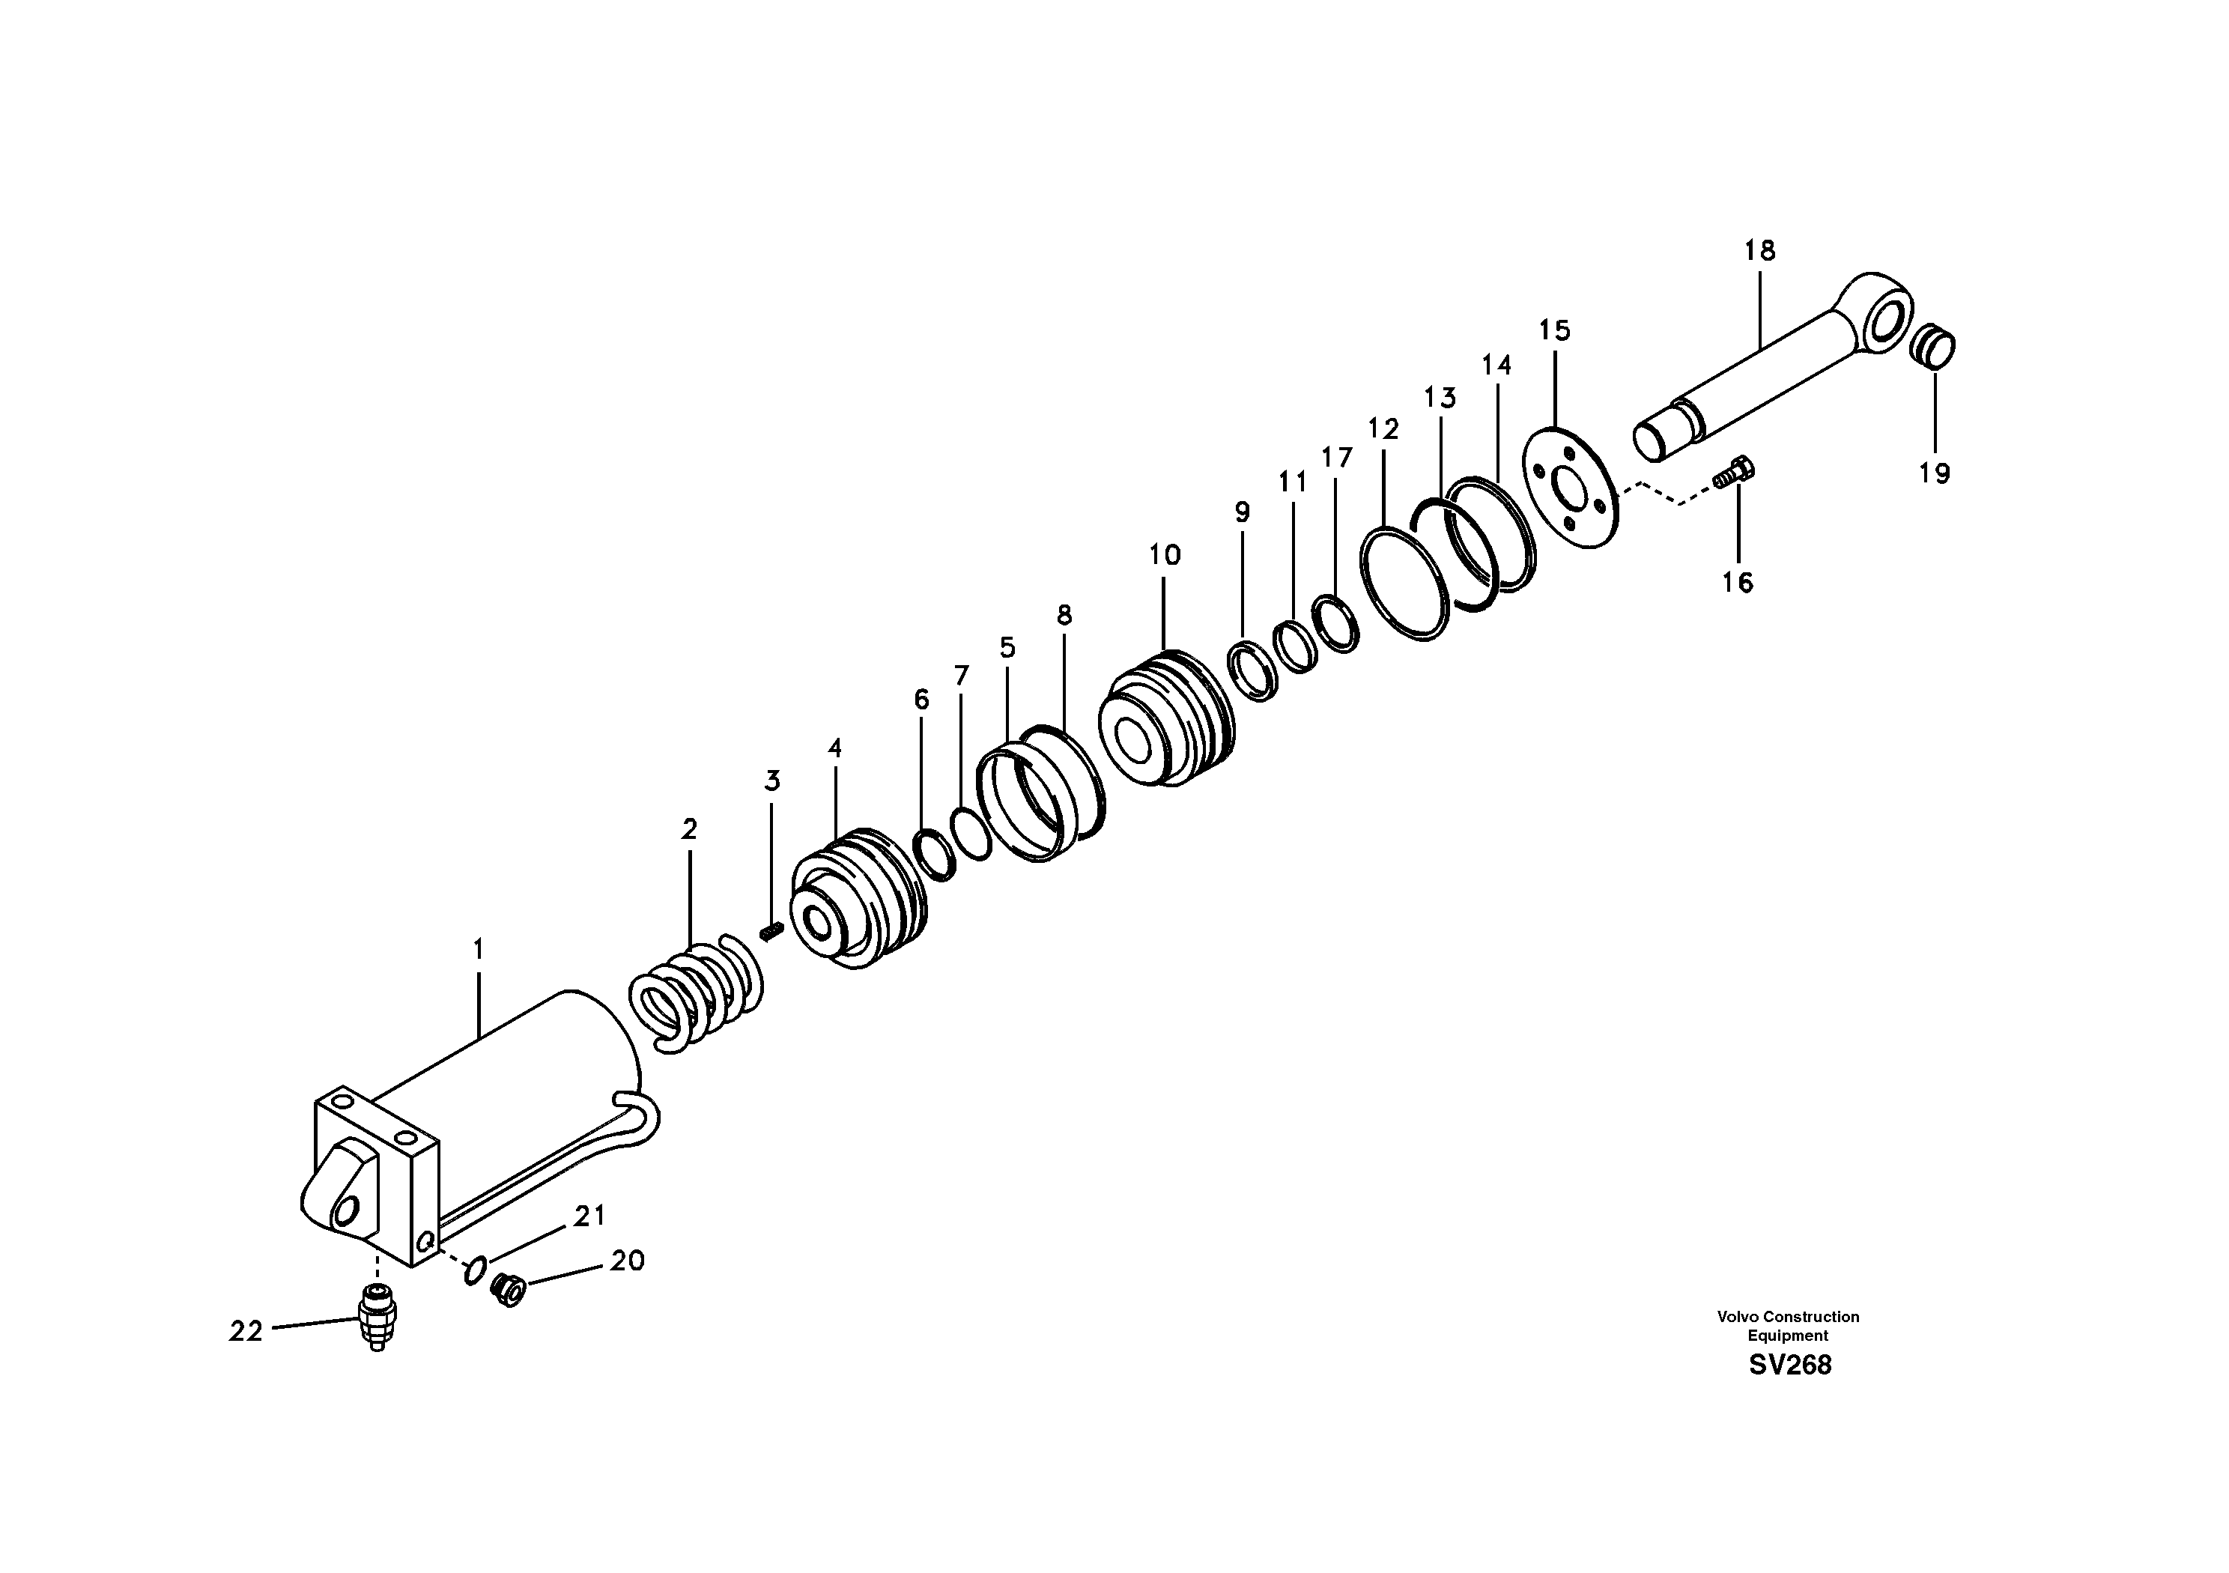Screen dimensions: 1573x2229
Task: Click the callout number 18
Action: [1759, 250]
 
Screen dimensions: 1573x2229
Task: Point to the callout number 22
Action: [246, 1331]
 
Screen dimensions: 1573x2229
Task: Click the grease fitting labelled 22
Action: [377, 1317]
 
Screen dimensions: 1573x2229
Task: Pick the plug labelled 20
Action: [508, 1289]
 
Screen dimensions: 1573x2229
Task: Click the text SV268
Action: [1790, 1366]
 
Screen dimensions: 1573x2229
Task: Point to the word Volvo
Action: [1737, 1317]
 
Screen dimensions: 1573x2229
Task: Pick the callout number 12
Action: [1383, 428]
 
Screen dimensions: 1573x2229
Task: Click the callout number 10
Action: [1164, 555]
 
